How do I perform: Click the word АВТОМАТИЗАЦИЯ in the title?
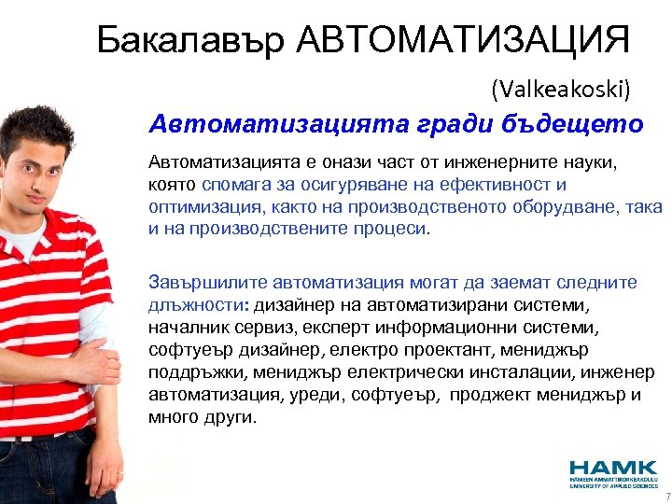[463, 40]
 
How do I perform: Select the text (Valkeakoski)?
[562, 89]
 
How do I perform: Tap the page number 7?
[666, 497]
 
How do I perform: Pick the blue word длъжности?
[192, 304]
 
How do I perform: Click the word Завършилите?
[198, 283]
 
